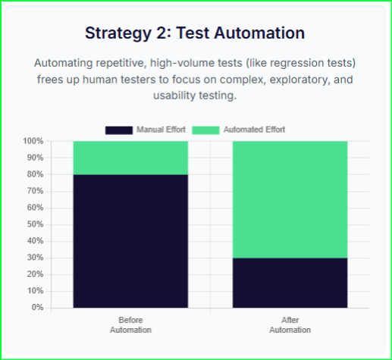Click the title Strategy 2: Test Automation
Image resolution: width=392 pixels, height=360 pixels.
pyautogui.click(x=195, y=33)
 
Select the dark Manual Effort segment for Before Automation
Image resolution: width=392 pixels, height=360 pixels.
pyautogui.click(x=130, y=241)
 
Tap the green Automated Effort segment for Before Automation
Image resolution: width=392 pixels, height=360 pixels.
pyautogui.click(x=130, y=158)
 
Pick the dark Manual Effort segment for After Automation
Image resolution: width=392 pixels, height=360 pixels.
pyautogui.click(x=290, y=283)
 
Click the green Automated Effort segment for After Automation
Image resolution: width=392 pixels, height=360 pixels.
pyautogui.click(x=290, y=199)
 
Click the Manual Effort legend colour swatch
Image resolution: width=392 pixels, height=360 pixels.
pyautogui.click(x=119, y=130)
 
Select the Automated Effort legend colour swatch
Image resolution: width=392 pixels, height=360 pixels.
pyautogui.click(x=205, y=130)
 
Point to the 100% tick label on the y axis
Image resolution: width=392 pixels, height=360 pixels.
pyautogui.click(x=33, y=142)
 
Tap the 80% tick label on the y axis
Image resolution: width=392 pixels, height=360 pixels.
pyautogui.click(x=35, y=175)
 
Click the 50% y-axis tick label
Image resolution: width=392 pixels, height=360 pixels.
pyautogui.click(x=35, y=224)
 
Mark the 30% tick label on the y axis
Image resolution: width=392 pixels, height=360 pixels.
pyautogui.click(x=35, y=258)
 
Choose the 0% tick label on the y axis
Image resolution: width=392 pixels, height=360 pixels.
pyautogui.click(x=37, y=308)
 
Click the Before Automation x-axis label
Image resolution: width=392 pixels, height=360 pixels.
pyautogui.click(x=130, y=324)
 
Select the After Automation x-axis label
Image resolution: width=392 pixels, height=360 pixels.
pyautogui.click(x=290, y=324)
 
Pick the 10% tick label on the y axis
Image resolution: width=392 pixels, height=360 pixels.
pyautogui.click(x=35, y=291)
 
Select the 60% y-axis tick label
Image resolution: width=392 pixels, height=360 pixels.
pyautogui.click(x=35, y=208)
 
